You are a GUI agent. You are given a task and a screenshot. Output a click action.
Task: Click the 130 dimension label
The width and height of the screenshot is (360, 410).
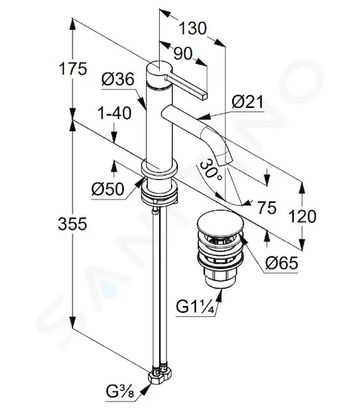click(193, 28)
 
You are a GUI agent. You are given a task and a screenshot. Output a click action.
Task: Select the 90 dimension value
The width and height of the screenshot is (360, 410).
click(183, 54)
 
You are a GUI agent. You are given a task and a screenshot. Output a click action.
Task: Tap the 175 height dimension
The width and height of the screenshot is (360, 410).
click(72, 69)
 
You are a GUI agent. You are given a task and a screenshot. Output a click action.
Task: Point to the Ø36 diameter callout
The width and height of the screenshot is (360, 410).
click(118, 79)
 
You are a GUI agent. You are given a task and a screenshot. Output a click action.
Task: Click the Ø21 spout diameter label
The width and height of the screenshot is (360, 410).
click(248, 102)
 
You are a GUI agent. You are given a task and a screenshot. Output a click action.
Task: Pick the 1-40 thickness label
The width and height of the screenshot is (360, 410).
click(115, 113)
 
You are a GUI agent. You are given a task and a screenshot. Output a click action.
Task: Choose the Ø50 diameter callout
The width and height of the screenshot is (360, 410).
click(107, 189)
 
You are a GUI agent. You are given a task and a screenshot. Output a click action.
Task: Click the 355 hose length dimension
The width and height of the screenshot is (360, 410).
click(72, 224)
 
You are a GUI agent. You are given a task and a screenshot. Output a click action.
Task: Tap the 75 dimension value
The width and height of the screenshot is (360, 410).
click(266, 208)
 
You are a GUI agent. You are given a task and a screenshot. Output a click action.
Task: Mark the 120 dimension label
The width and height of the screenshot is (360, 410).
click(302, 217)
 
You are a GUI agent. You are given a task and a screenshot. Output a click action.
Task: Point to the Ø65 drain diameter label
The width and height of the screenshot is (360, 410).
click(281, 263)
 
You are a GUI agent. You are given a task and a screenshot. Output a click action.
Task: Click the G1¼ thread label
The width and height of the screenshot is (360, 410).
click(195, 307)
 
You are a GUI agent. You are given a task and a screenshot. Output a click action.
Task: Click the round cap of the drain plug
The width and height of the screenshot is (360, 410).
click(221, 221)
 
